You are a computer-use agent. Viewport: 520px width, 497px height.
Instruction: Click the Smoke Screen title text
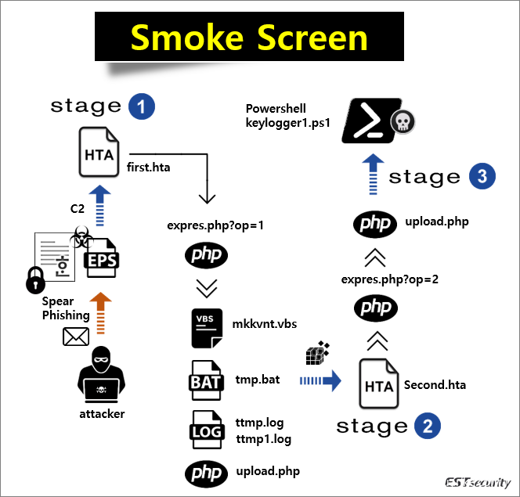pos(249,38)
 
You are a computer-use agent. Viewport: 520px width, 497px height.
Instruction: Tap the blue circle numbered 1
pos(142,107)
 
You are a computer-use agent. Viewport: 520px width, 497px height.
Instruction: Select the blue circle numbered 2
pos(427,427)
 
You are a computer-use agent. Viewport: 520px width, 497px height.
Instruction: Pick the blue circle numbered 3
pos(481,177)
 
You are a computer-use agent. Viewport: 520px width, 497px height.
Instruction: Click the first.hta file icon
pos(101,153)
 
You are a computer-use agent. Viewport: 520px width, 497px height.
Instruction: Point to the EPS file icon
pos(100,257)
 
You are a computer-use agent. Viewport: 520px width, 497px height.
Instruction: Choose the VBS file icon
pos(206,327)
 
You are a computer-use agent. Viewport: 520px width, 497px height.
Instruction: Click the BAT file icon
pos(206,380)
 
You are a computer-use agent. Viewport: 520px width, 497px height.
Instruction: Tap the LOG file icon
pos(206,430)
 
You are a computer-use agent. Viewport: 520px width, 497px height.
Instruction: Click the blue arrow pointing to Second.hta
pos(320,381)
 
